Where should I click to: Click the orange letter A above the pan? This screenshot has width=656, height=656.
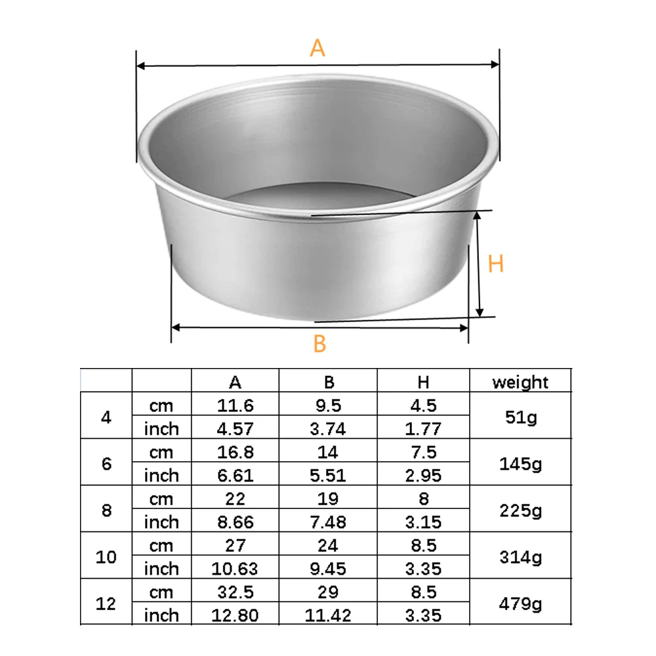pyautogui.click(x=318, y=48)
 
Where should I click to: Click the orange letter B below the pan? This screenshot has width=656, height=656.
pyautogui.click(x=319, y=343)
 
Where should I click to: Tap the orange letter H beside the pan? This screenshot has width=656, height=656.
pyautogui.click(x=496, y=264)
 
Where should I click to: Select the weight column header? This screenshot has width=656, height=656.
pyautogui.click(x=520, y=382)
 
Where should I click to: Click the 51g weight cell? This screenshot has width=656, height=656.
pyautogui.click(x=520, y=417)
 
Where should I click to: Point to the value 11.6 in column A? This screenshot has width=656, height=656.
pyautogui.click(x=236, y=405)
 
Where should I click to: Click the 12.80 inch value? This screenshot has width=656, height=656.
pyautogui.click(x=236, y=615)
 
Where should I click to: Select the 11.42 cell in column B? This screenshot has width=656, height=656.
pyautogui.click(x=329, y=615)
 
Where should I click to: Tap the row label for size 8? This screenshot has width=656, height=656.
pyautogui.click(x=106, y=510)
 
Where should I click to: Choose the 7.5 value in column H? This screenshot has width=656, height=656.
pyautogui.click(x=424, y=452)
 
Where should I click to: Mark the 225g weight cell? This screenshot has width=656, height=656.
pyautogui.click(x=520, y=510)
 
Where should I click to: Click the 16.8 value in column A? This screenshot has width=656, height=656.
pyautogui.click(x=236, y=452)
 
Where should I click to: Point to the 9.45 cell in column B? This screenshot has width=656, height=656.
pyautogui.click(x=329, y=569)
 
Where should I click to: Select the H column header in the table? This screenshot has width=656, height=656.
pyautogui.click(x=424, y=382)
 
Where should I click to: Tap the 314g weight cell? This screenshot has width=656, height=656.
pyautogui.click(x=520, y=557)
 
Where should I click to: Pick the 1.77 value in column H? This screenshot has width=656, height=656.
pyautogui.click(x=424, y=429)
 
